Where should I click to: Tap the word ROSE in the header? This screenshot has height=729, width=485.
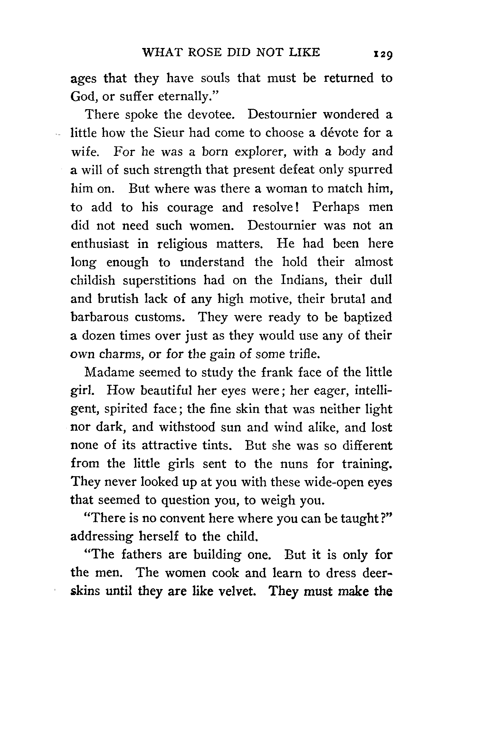(204, 52)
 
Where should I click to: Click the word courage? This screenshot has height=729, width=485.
(190, 207)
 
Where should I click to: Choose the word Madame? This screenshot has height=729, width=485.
(109, 373)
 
